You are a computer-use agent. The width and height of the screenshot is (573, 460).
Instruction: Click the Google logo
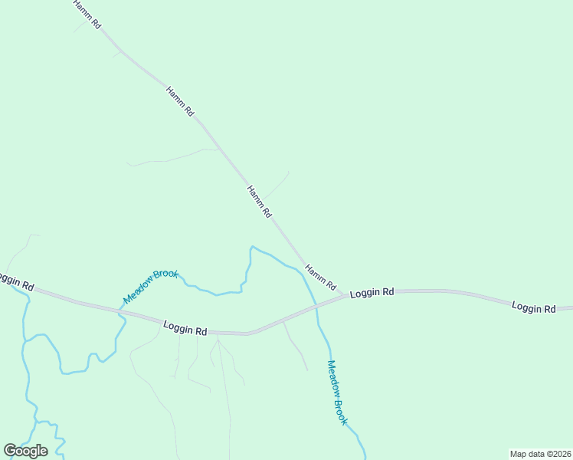point(25,451)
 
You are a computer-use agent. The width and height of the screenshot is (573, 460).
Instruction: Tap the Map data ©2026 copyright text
point(540,454)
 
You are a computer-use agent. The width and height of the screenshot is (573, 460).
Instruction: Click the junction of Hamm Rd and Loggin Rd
point(342,296)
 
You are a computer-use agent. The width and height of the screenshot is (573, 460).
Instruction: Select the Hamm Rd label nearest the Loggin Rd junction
point(320,278)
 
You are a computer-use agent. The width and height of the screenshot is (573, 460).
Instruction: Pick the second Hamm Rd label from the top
point(180,101)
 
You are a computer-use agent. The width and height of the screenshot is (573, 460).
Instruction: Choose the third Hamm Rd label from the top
point(259,202)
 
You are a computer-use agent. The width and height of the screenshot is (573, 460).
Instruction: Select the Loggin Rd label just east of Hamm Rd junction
point(372,293)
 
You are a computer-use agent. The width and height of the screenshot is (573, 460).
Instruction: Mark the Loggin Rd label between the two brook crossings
point(185,328)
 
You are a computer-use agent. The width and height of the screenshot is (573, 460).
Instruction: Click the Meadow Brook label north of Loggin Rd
point(150,286)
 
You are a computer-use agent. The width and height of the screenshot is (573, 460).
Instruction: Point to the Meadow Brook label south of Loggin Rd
point(337,393)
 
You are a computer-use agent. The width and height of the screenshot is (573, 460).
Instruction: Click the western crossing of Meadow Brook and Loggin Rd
point(120,311)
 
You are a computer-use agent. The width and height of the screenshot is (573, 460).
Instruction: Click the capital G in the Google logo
point(11,451)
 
